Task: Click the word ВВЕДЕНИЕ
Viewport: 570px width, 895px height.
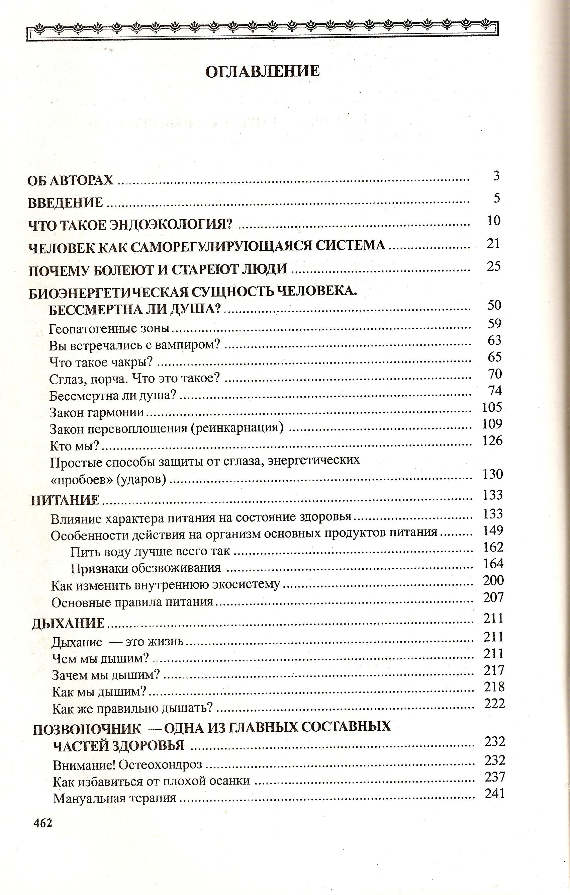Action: (x=66, y=203)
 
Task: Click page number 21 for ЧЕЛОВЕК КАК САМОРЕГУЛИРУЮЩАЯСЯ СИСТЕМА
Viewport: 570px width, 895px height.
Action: (x=493, y=243)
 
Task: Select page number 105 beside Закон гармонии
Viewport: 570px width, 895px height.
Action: (x=492, y=407)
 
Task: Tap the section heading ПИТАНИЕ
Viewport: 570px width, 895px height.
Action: (x=66, y=500)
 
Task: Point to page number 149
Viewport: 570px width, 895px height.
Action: (x=493, y=531)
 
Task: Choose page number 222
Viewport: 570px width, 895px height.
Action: (x=494, y=704)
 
